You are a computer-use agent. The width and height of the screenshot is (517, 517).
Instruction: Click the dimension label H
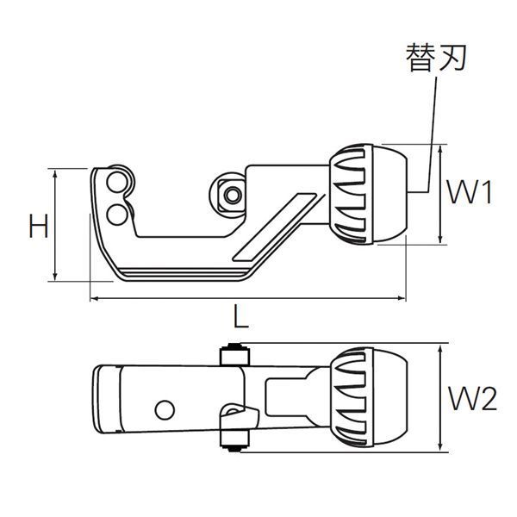coord(36,227)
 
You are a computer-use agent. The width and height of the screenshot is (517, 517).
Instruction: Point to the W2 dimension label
coord(473,398)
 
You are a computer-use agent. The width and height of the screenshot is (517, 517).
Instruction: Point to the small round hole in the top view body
coord(165,408)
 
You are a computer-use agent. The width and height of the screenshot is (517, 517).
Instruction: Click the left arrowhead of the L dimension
coord(93,299)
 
